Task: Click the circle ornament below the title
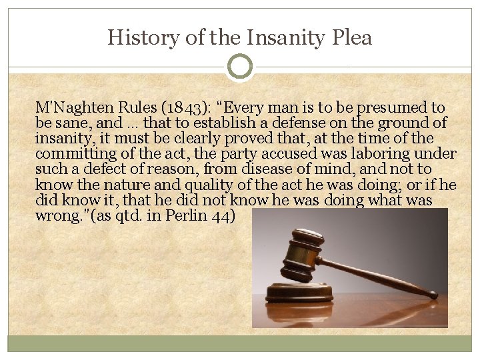240,67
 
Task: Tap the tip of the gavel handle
434,294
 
